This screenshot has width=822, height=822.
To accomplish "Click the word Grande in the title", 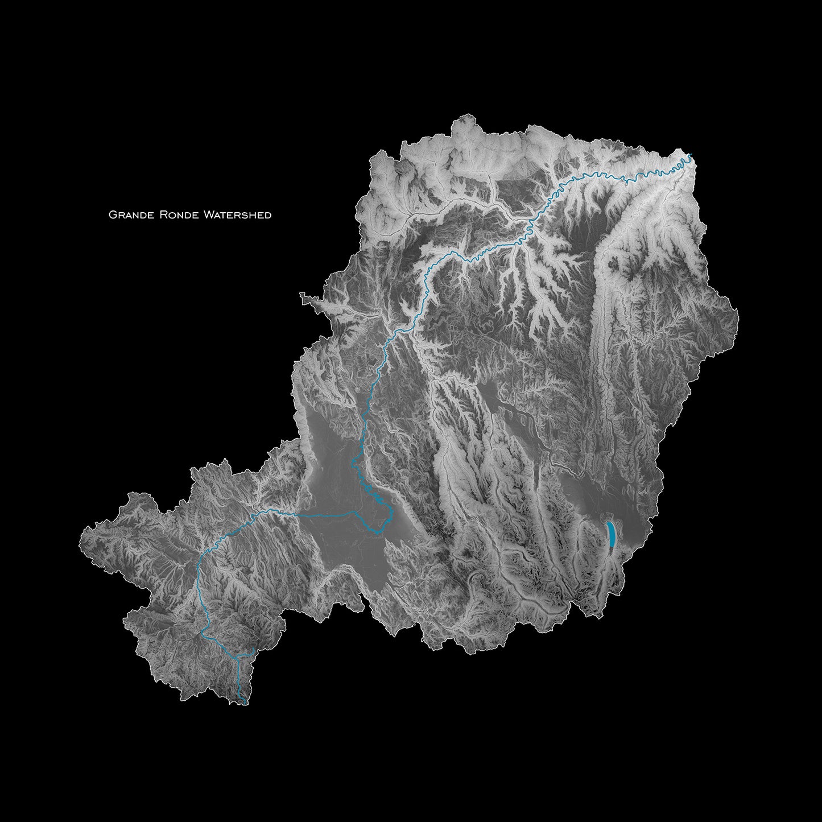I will [x=127, y=215].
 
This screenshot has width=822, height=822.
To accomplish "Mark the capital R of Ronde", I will [x=154, y=215].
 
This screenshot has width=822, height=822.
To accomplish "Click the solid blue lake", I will [x=610, y=535].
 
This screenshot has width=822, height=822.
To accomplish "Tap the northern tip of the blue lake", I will [x=609, y=522].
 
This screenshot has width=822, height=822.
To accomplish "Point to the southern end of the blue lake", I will [x=611, y=547].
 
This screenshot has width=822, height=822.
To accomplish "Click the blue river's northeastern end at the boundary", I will [x=691, y=155].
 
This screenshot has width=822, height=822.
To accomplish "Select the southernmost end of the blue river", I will [x=245, y=704].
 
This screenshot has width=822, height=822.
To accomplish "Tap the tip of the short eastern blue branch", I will [x=254, y=650].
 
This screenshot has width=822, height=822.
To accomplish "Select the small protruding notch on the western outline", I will [x=302, y=295].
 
